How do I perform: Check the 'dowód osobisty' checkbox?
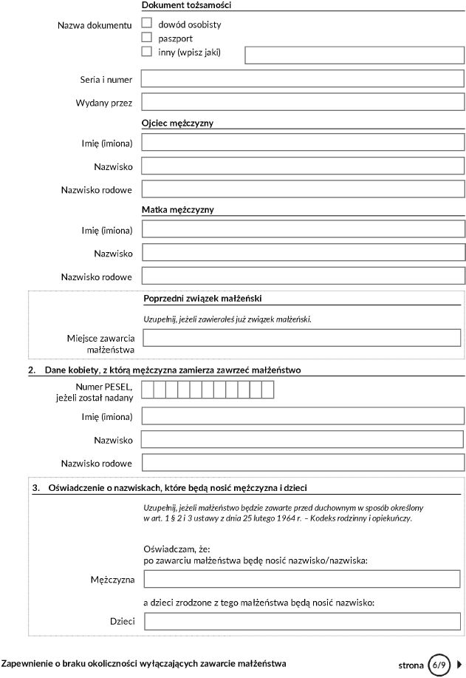(x=146, y=24)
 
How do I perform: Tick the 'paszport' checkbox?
(x=146, y=38)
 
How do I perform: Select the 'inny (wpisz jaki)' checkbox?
(x=146, y=52)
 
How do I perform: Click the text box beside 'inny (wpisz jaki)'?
(x=354, y=55)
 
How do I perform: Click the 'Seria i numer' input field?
(x=303, y=78)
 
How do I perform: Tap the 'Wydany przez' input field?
(x=303, y=102)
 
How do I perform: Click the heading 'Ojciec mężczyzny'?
(x=177, y=123)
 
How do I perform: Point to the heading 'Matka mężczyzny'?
(x=177, y=210)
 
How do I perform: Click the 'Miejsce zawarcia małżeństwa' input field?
(x=304, y=338)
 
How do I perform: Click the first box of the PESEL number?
(x=148, y=389)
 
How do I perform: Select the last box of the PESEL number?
(x=268, y=389)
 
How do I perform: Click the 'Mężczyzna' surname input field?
(x=302, y=579)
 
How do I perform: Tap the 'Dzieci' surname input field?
(x=302, y=621)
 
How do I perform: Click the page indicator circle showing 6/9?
(x=440, y=665)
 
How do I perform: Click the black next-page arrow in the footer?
(x=460, y=665)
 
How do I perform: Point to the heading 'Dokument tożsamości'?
(x=186, y=5)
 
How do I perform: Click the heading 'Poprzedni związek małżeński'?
(x=202, y=299)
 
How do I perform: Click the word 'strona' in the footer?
(x=411, y=665)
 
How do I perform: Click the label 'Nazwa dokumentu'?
(x=95, y=25)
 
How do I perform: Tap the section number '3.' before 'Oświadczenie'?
(x=35, y=487)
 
